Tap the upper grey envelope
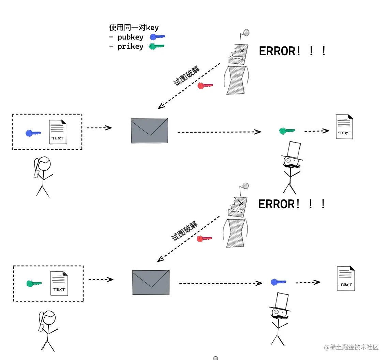149,131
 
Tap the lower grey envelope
151,282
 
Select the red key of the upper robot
205,86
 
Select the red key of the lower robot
204,239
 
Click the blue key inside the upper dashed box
33,133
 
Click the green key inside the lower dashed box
34,283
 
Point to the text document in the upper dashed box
58,132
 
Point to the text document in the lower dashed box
59,283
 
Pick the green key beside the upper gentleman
287,131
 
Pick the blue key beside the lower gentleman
278,282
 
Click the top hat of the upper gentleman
293,150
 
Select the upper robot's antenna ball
246,33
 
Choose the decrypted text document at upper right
344,126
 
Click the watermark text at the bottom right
351,347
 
